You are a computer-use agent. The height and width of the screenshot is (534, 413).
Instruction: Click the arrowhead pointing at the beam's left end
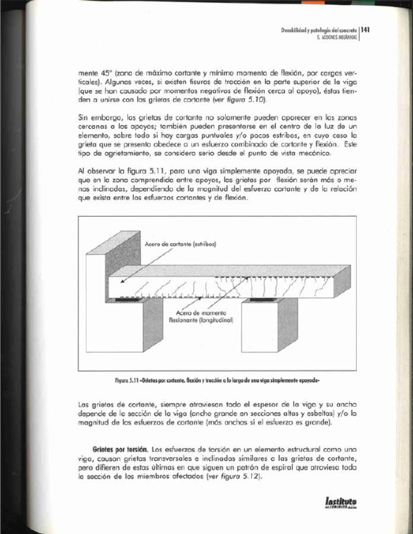coord(122,281)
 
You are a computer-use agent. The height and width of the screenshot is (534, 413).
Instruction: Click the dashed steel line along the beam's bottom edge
coord(161,297)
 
